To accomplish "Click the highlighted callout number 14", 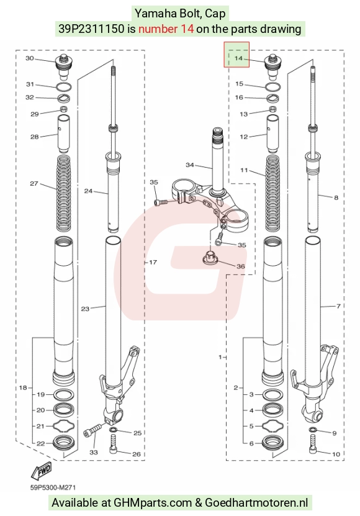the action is pyautogui.click(x=238, y=58).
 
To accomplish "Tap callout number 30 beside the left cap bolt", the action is pyautogui.click(x=30, y=58).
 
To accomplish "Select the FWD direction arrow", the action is pyautogui.click(x=41, y=470).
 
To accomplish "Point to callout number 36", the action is pyautogui.click(x=241, y=266).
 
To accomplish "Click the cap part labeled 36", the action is pyautogui.click(x=210, y=257).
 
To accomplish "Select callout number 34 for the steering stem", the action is pyautogui.click(x=190, y=165).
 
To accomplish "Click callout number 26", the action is pyautogui.click(x=136, y=454).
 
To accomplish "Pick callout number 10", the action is pyautogui.click(x=336, y=454).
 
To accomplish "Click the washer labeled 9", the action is pyautogui.click(x=313, y=430).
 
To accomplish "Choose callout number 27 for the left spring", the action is pyautogui.click(x=34, y=183).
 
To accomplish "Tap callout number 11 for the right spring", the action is pyautogui.click(x=244, y=170).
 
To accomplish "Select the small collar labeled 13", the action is pyautogui.click(x=273, y=109).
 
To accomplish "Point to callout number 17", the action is pyautogui.click(x=153, y=262).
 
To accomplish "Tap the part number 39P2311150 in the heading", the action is pyautogui.click(x=92, y=29).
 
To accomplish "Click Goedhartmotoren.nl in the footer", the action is pyautogui.click(x=256, y=503).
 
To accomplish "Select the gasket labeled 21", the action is pyautogui.click(x=64, y=427).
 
